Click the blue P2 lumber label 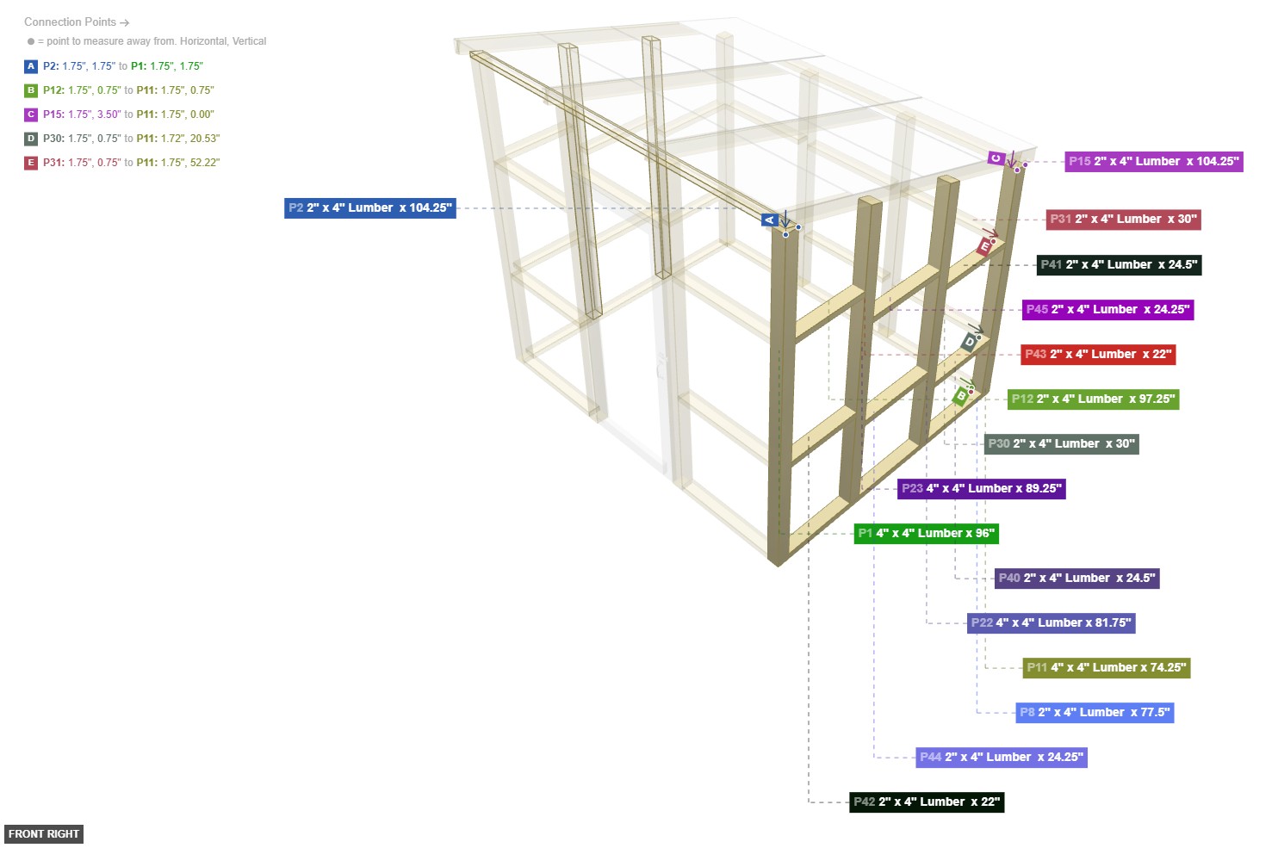369,208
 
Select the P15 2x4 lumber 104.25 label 1153,162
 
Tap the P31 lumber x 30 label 1122,220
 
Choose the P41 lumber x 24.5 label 1118,265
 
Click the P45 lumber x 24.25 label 1107,310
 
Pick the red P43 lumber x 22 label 1097,355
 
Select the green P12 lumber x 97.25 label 1092,399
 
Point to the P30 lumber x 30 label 1061,444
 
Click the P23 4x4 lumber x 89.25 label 981,489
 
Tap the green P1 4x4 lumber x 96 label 926,534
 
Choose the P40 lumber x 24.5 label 1076,579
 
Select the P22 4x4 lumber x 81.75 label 1051,623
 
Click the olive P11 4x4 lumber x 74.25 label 1106,668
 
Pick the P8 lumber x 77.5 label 1094,713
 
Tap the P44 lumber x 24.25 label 1001,758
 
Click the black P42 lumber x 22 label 926,802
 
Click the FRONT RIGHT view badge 44,834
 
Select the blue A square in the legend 31,66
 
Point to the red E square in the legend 31,163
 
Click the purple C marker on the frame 996,158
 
